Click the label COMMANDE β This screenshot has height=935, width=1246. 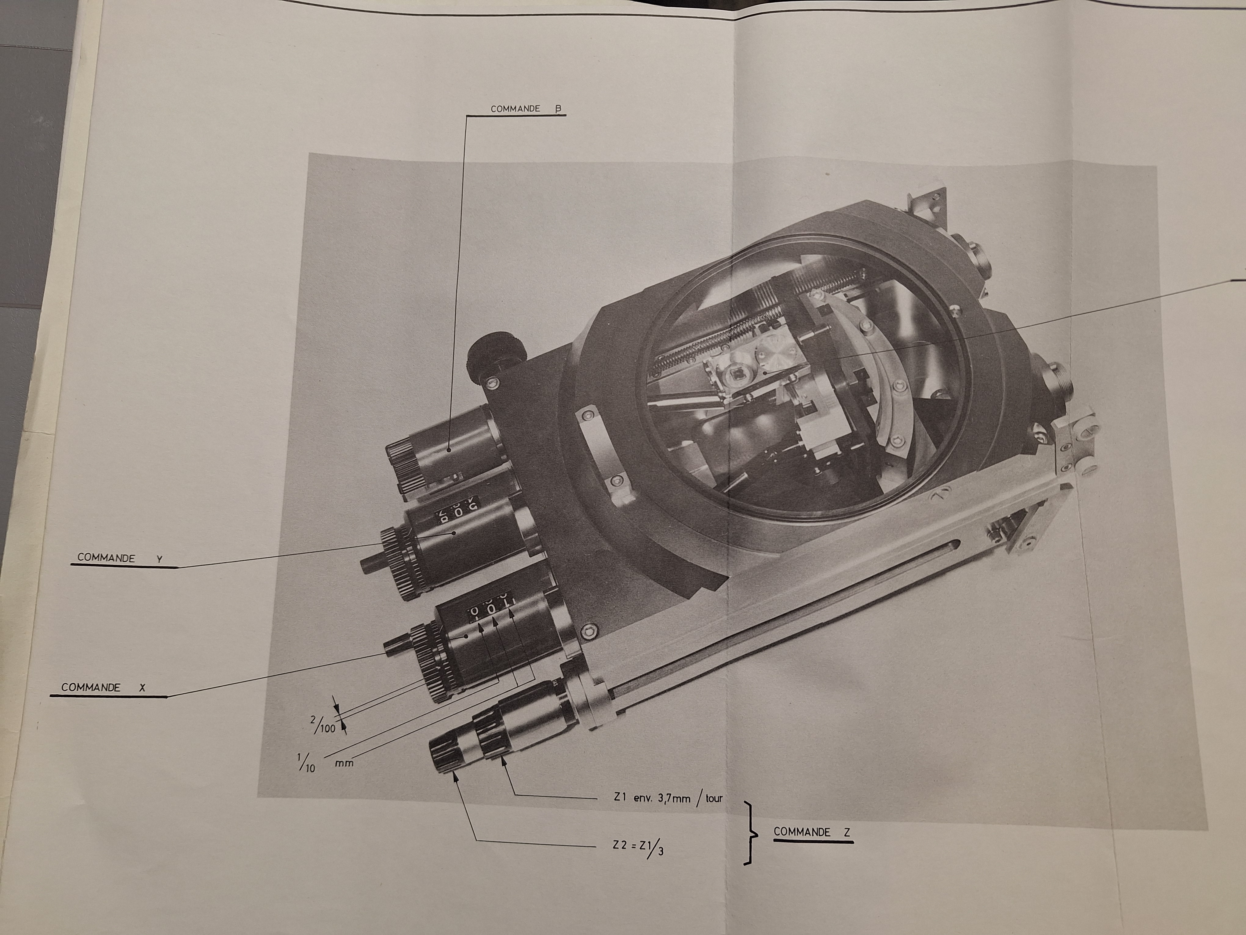(523, 109)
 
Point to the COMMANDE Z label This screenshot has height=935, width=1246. (810, 832)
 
